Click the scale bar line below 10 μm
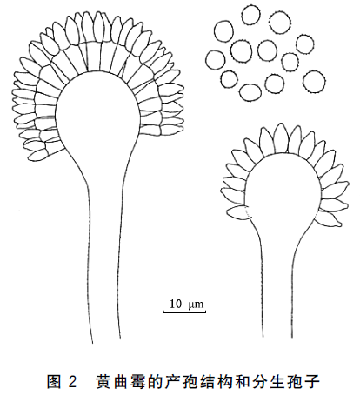[x=184, y=312]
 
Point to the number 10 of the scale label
[x=176, y=304]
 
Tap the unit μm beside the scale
[x=196, y=305]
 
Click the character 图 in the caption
[x=54, y=382]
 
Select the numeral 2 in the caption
[x=72, y=382]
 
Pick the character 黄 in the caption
[x=103, y=382]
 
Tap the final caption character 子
[x=312, y=382]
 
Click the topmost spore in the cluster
[x=251, y=15]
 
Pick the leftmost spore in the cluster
[x=216, y=60]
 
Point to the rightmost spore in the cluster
[x=314, y=82]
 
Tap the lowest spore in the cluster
[x=250, y=92]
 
